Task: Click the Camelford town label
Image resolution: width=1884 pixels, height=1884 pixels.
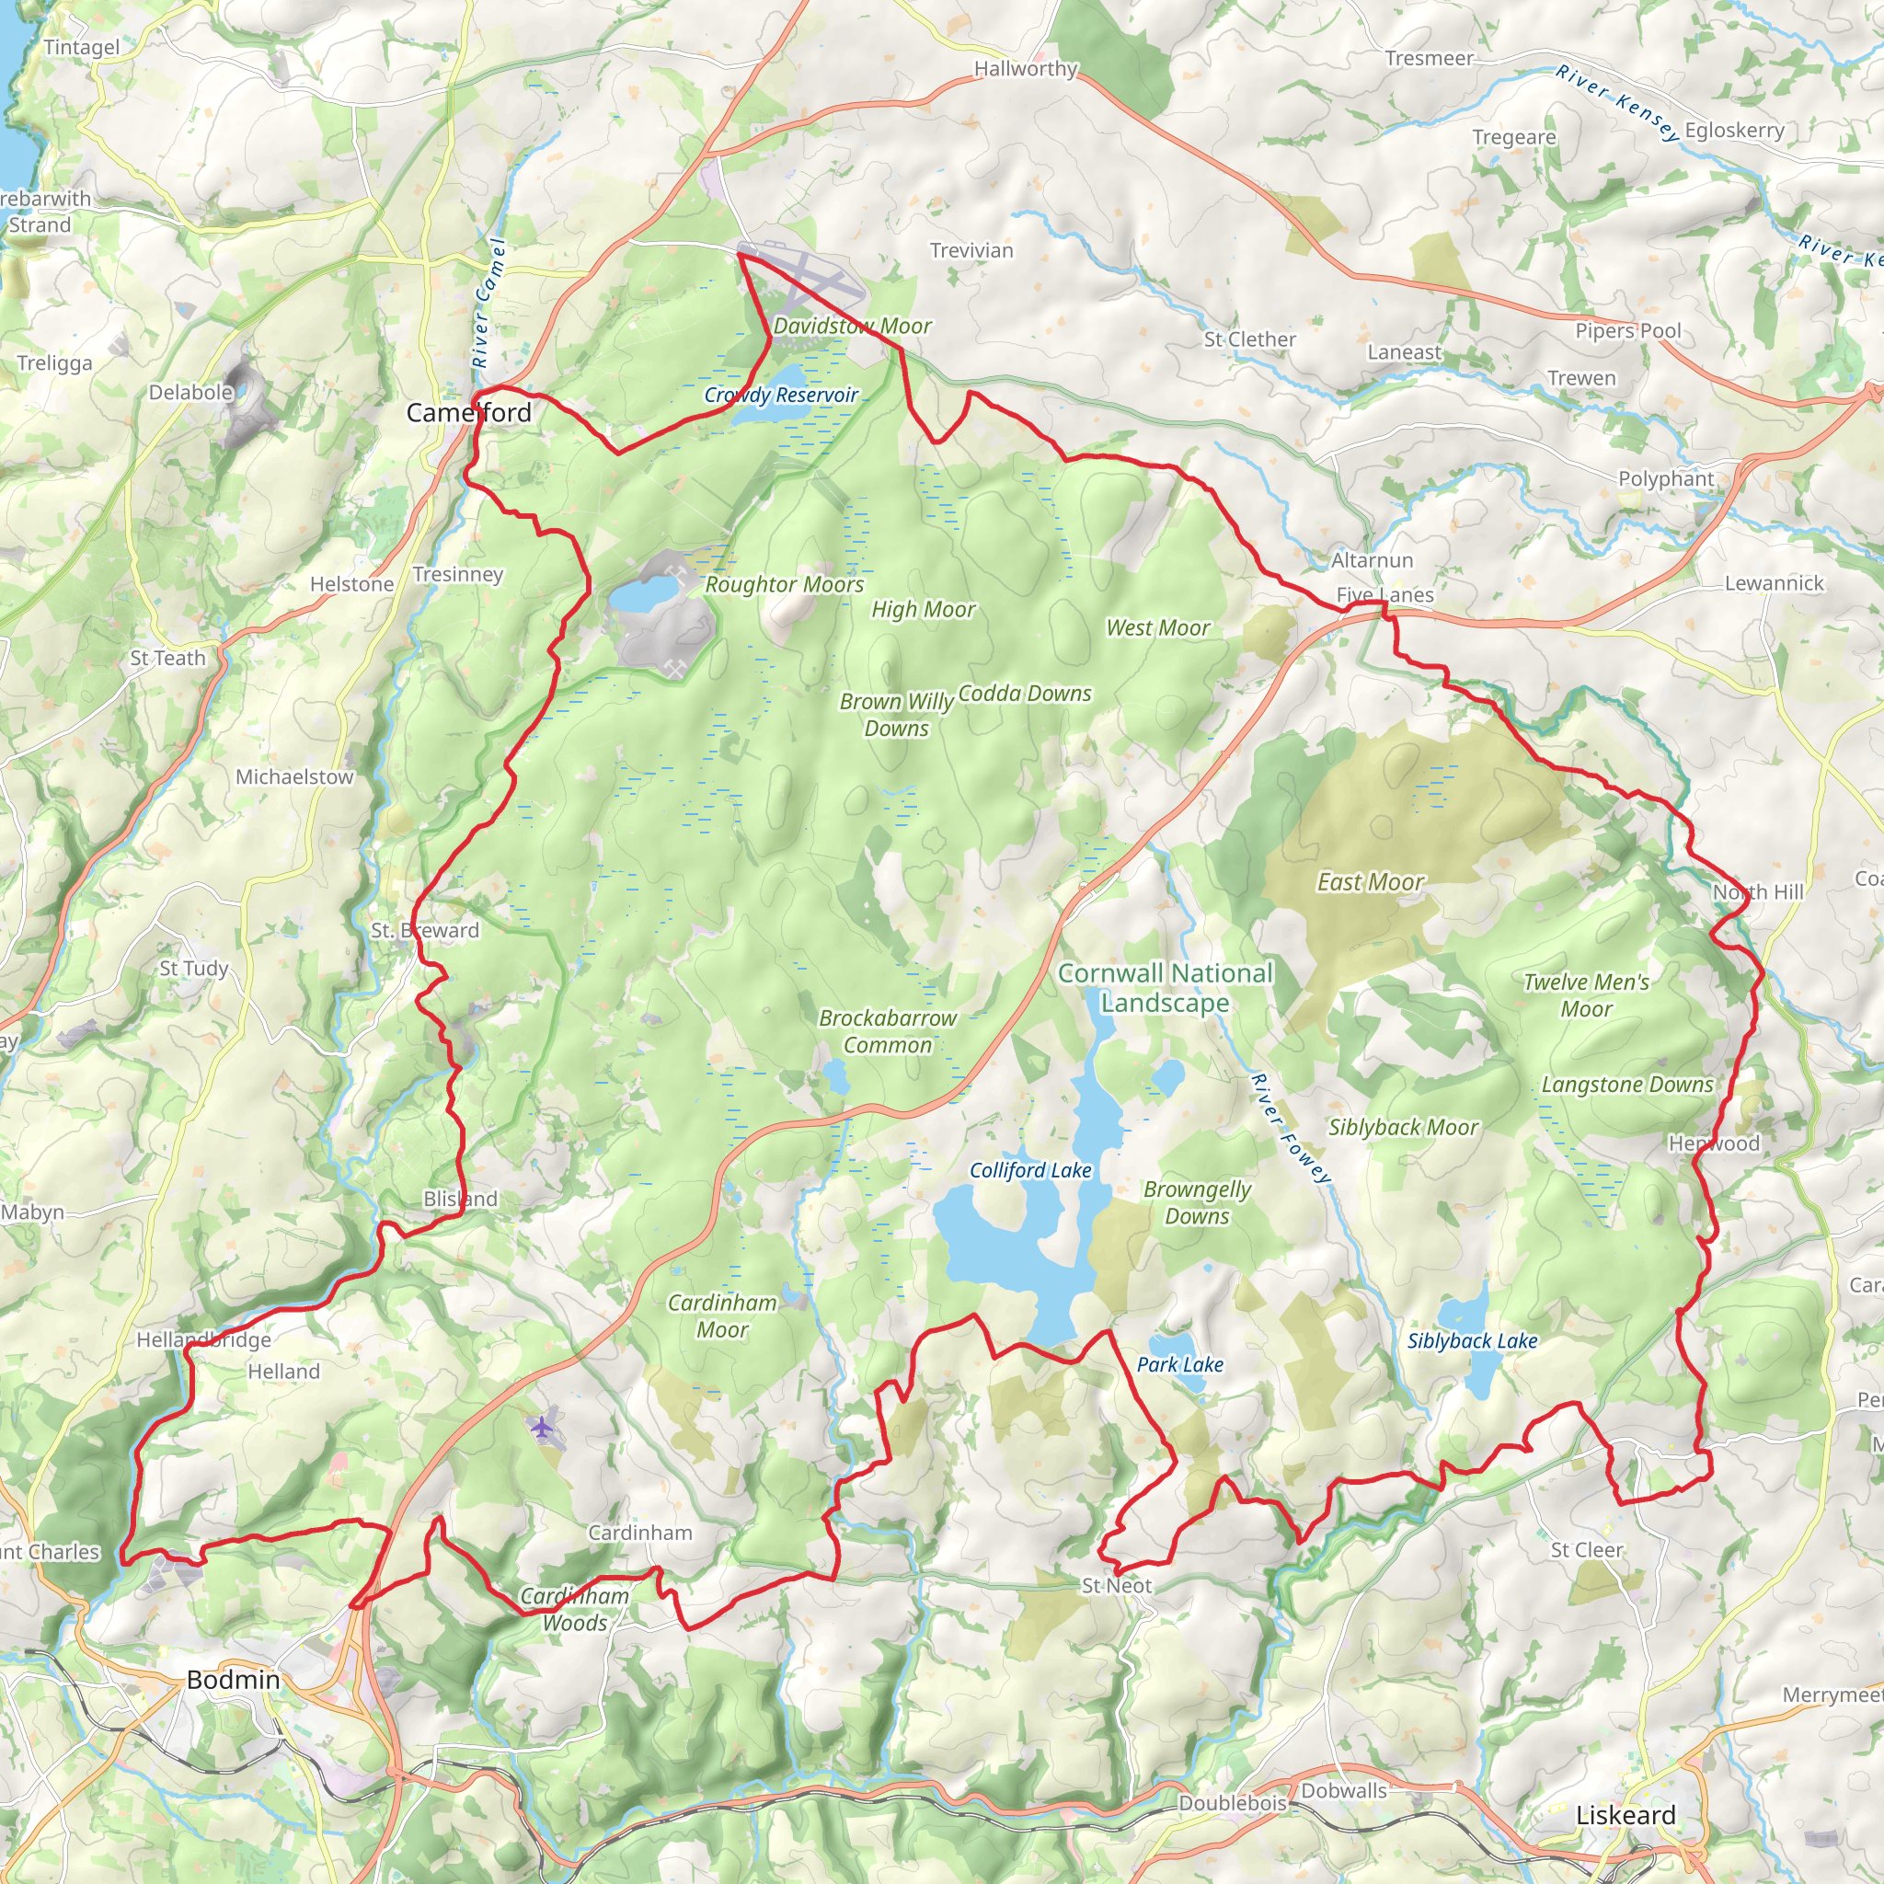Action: (x=468, y=412)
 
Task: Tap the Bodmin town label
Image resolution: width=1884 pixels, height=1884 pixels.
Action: (x=233, y=1679)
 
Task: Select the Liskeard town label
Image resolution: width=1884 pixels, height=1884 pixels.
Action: (x=1626, y=1815)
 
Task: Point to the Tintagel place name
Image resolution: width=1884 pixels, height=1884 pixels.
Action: (x=82, y=47)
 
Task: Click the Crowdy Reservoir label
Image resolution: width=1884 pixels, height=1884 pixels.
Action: (x=780, y=395)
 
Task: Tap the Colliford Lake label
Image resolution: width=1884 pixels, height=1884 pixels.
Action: (x=1029, y=1170)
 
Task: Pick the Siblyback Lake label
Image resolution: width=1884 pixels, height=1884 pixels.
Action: (x=1472, y=1341)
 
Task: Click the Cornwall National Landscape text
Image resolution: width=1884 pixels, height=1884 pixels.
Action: (x=1165, y=987)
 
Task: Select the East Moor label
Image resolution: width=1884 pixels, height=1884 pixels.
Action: (x=1370, y=881)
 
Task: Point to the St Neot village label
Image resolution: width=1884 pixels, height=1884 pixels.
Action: (x=1117, y=1586)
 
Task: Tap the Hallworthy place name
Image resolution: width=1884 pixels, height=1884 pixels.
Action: (x=1025, y=68)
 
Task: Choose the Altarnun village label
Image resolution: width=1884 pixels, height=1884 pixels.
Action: (x=1371, y=559)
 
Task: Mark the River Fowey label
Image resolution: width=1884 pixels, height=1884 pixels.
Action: (x=1289, y=1128)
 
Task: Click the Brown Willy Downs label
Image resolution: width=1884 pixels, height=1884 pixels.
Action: (x=896, y=715)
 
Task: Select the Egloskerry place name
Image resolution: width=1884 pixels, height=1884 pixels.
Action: (x=1734, y=130)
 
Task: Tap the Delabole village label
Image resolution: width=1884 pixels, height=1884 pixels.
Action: (x=190, y=392)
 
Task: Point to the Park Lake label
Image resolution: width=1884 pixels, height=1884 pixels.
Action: (x=1179, y=1364)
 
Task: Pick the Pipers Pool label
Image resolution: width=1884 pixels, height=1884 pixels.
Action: (x=1627, y=329)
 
